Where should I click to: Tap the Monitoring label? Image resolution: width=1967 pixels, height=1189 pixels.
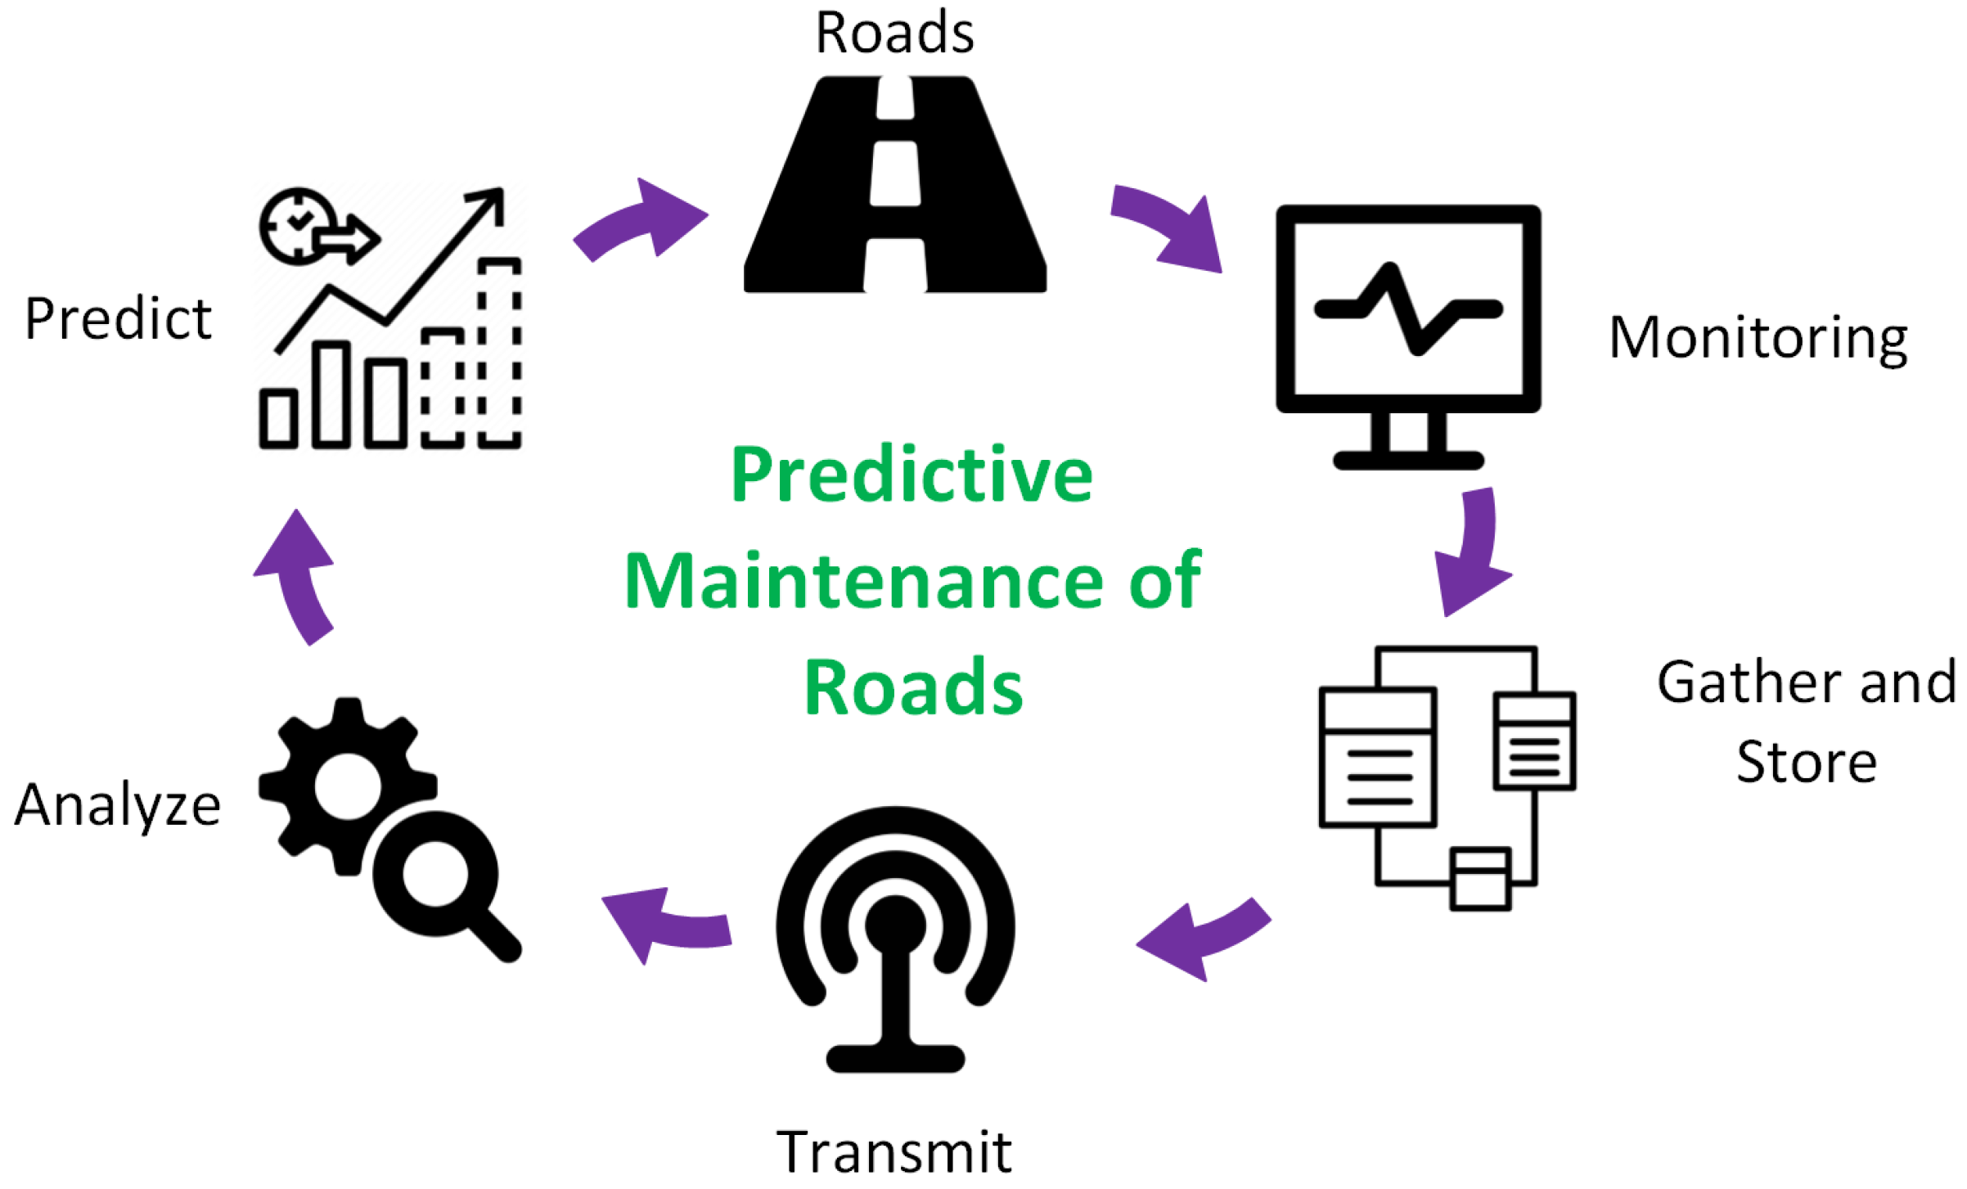(1758, 337)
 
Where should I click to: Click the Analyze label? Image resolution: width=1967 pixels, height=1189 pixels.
(118, 805)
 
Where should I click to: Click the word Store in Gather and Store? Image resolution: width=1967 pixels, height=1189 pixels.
(1807, 763)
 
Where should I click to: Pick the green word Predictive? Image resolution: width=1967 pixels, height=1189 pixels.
(911, 475)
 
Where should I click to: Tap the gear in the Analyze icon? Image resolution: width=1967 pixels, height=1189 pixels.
(348, 786)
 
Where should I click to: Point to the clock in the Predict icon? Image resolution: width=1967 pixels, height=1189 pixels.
(297, 225)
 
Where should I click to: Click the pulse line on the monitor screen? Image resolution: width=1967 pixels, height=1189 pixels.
(1408, 309)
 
